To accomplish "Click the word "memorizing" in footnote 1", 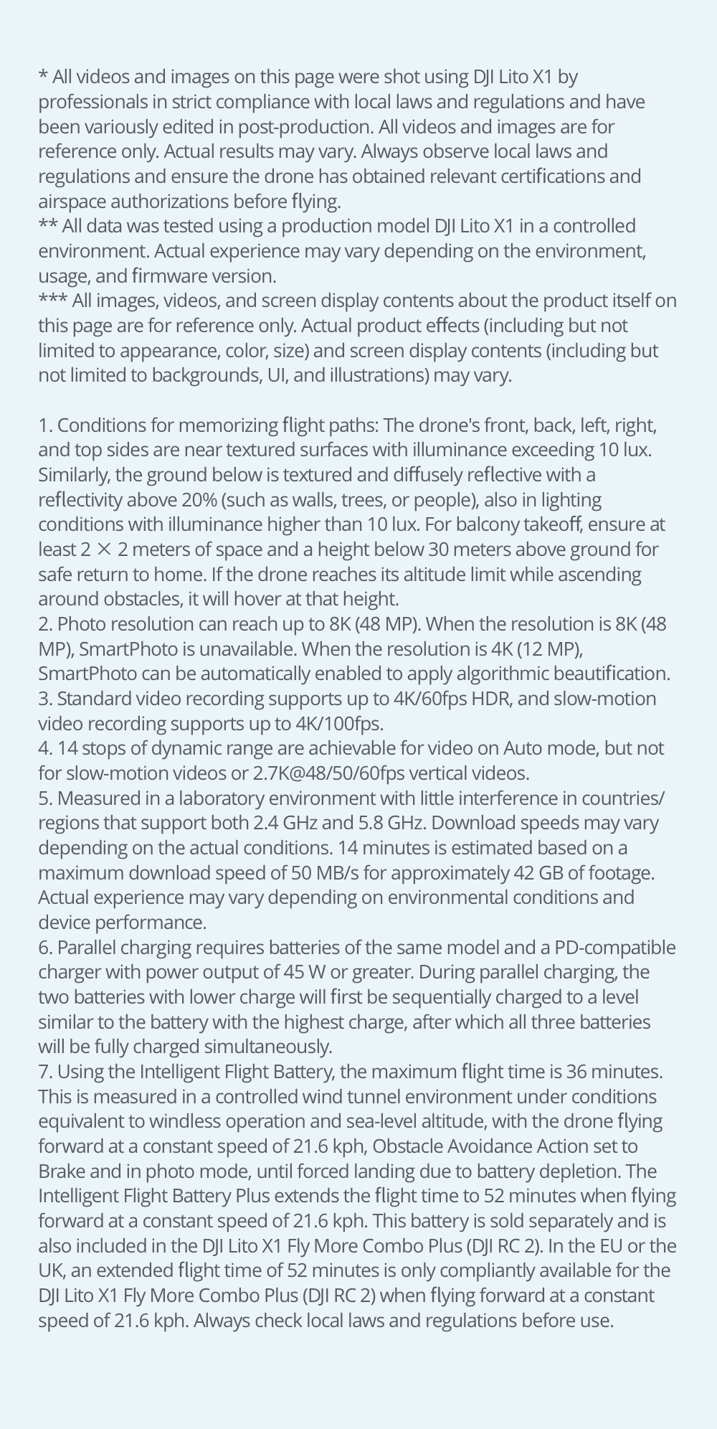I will tap(227, 425).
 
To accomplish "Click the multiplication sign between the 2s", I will tap(105, 550).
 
